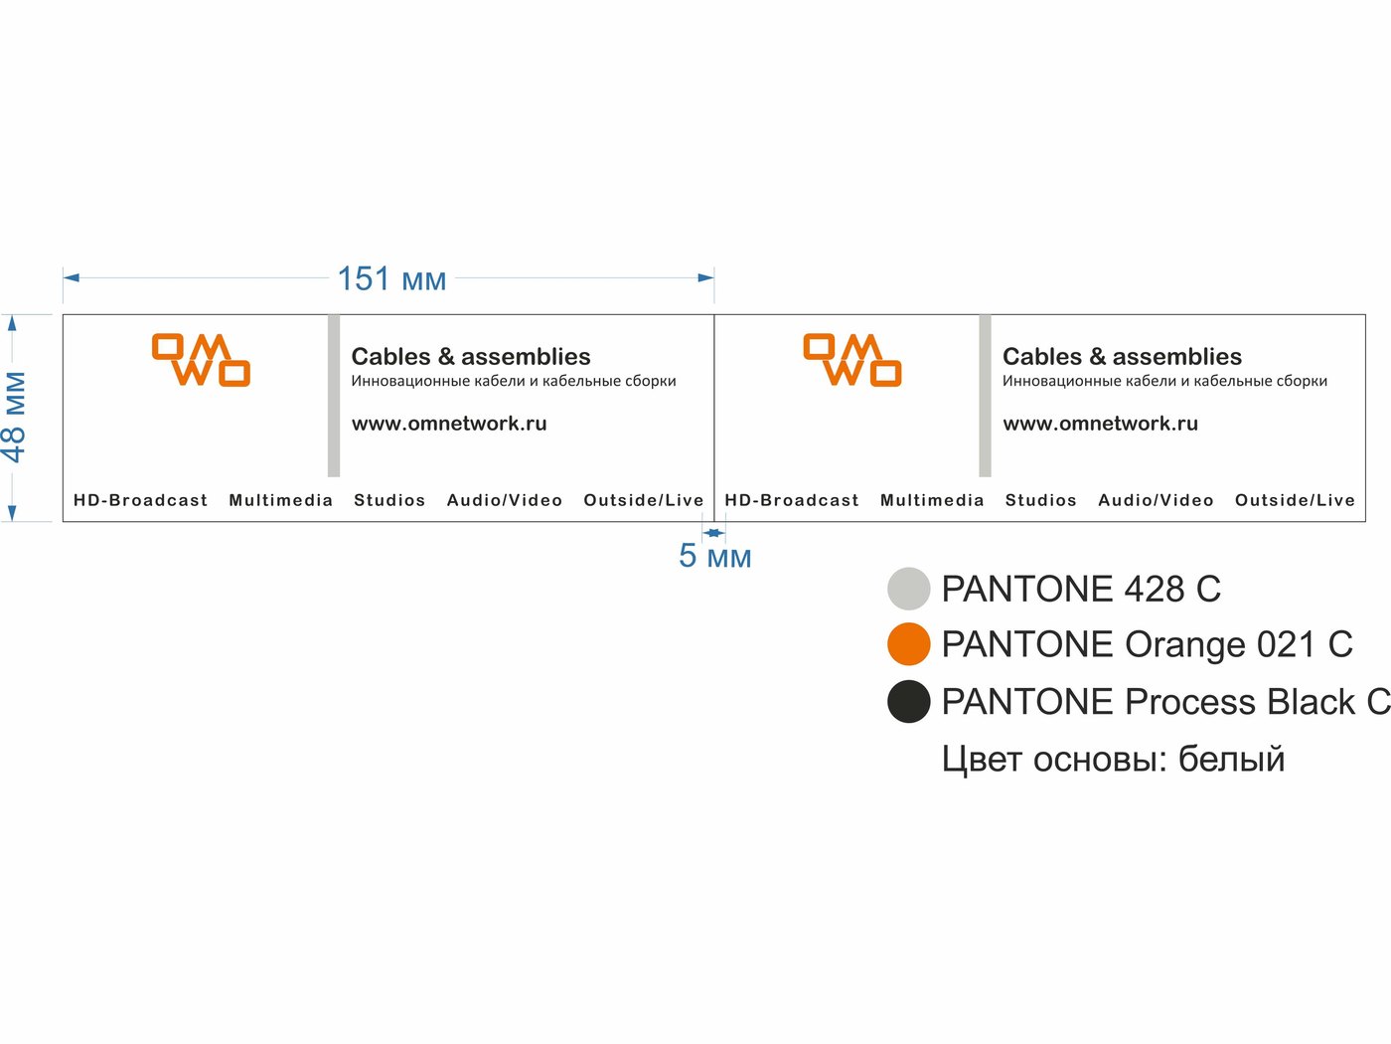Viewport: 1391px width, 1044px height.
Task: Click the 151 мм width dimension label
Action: coord(391,279)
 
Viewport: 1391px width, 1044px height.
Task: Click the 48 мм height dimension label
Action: coord(14,417)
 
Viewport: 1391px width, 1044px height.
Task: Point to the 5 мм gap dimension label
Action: coord(714,556)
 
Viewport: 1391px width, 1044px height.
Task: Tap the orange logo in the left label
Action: coord(201,360)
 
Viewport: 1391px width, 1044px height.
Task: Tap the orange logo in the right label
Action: coord(852,360)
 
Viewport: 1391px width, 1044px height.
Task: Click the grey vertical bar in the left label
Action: coord(334,396)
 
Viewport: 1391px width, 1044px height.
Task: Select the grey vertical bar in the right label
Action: coord(985,396)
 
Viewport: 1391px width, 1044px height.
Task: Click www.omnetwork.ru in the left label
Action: coord(449,424)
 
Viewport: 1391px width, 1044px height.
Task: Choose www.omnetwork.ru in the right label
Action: coord(1101,424)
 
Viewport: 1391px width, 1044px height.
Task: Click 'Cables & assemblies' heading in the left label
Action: coord(471,357)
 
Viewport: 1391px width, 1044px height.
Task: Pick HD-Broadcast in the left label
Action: coord(141,500)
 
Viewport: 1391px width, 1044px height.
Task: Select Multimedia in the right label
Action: coord(932,500)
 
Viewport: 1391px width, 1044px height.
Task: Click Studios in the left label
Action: coord(389,500)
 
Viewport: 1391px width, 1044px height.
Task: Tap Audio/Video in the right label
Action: coord(1156,500)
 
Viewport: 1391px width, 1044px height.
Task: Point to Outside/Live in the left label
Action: coord(644,500)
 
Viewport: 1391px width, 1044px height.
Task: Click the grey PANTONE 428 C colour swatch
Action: coord(909,589)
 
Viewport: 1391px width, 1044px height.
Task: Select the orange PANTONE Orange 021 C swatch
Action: coord(909,644)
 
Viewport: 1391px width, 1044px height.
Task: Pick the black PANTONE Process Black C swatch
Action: coord(909,702)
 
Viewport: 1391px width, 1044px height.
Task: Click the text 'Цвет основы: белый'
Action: coord(1114,760)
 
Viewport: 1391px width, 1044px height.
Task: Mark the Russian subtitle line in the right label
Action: coord(1164,381)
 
